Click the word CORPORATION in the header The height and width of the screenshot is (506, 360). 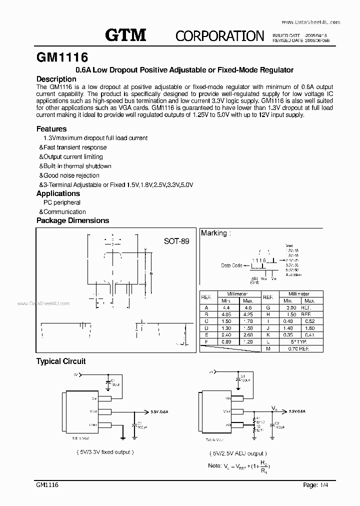pyautogui.click(x=219, y=35)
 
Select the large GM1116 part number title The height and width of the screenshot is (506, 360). pyautogui.click(x=63, y=56)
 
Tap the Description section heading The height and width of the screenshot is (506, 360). pyautogui.click(x=56, y=79)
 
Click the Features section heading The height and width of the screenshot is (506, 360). pyautogui.click(x=51, y=128)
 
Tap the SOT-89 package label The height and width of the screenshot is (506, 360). pyautogui.click(x=176, y=240)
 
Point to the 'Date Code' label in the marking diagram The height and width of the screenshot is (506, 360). pyautogui.click(x=231, y=265)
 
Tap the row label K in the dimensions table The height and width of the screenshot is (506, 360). pyautogui.click(x=268, y=334)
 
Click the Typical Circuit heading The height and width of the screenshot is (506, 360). pyautogui.click(x=61, y=361)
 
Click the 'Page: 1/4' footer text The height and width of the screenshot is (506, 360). pyautogui.click(x=317, y=485)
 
